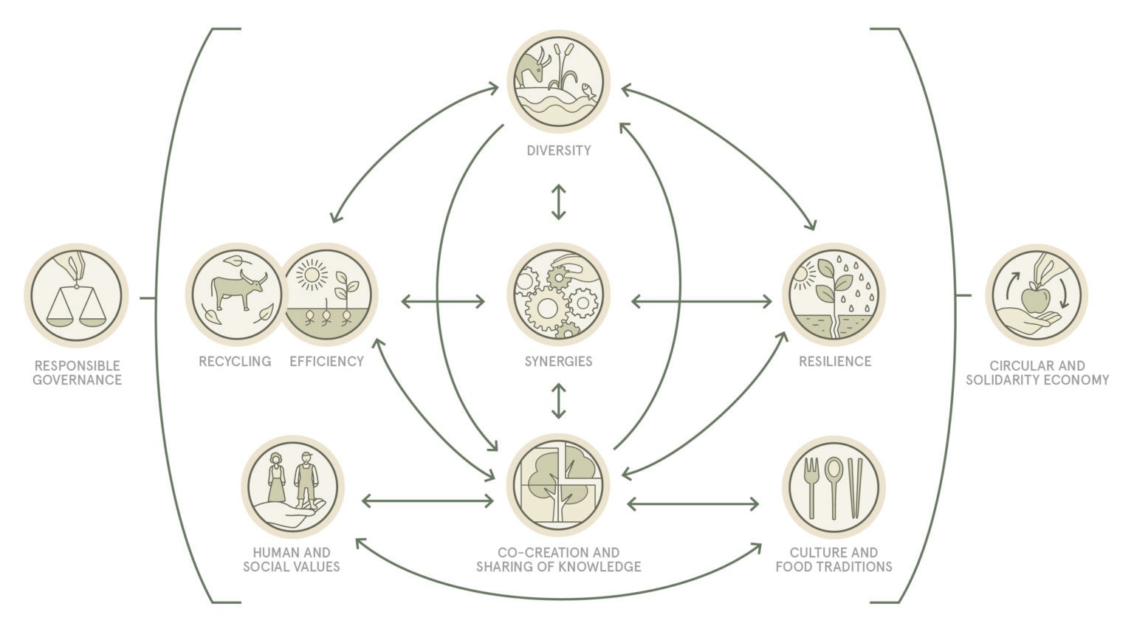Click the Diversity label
click(x=558, y=151)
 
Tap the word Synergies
click(x=558, y=361)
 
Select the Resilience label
click(x=835, y=361)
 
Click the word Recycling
click(x=235, y=361)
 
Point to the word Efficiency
click(x=326, y=361)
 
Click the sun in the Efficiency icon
click(x=312, y=275)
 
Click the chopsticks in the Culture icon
click(x=855, y=488)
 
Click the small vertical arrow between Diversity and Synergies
click(x=558, y=202)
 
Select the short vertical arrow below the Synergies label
click(x=558, y=401)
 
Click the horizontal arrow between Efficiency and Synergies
click(x=443, y=302)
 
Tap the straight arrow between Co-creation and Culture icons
click(x=693, y=504)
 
